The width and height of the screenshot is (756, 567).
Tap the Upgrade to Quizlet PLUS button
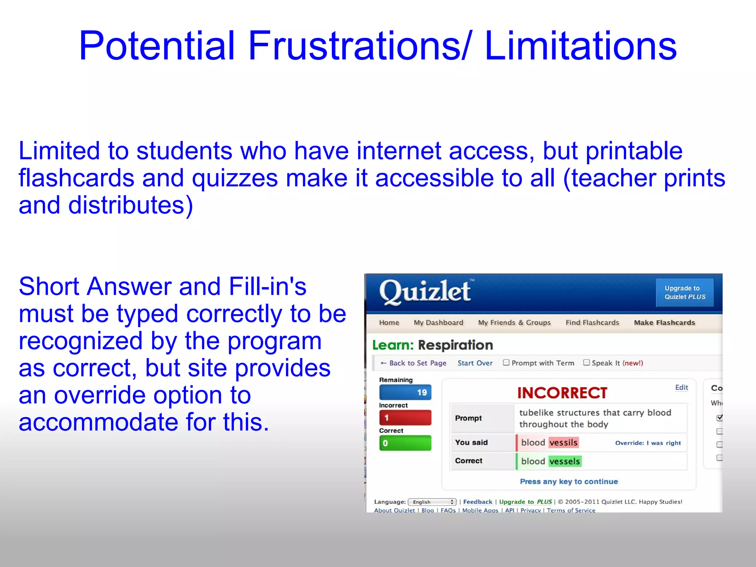pyautogui.click(x=684, y=292)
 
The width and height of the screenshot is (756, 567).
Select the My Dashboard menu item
pyautogui.click(x=438, y=322)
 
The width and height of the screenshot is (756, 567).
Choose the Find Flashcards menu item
pyautogui.click(x=592, y=322)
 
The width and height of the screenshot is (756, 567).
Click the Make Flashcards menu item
pyautogui.click(x=664, y=322)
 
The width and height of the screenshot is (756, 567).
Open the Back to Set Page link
pyautogui.click(x=413, y=363)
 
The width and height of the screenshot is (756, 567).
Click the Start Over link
pyautogui.click(x=475, y=363)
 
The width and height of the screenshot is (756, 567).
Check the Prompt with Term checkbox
pyautogui.click(x=506, y=362)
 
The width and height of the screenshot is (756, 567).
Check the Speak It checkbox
pyautogui.click(x=586, y=362)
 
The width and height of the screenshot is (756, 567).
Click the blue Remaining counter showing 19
pyautogui.click(x=405, y=392)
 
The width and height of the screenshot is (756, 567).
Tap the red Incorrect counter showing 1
pyautogui.click(x=405, y=417)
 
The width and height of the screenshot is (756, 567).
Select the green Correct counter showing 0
pyautogui.click(x=405, y=443)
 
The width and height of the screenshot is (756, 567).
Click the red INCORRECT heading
pyautogui.click(x=562, y=393)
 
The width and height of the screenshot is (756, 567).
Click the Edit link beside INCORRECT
pyautogui.click(x=681, y=387)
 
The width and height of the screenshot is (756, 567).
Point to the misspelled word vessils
pyautogui.click(x=563, y=442)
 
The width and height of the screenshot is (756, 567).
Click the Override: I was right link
pyautogui.click(x=648, y=443)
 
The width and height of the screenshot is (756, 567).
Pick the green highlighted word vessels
pyautogui.click(x=564, y=461)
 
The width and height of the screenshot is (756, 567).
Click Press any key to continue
pyautogui.click(x=568, y=481)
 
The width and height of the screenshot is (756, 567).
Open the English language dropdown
pyautogui.click(x=432, y=502)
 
